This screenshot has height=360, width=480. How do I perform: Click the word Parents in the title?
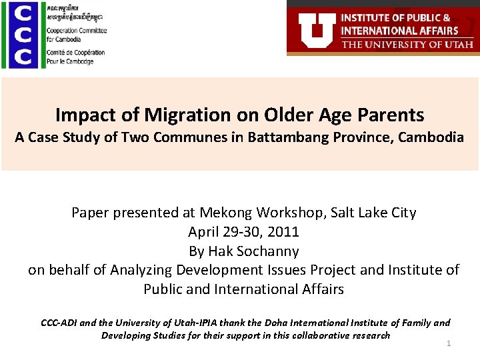(393, 115)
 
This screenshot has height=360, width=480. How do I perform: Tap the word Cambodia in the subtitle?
(434, 138)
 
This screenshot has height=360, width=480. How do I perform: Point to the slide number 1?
(449, 343)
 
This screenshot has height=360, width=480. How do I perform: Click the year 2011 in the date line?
(283, 232)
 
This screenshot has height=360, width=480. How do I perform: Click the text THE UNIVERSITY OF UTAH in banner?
(407, 45)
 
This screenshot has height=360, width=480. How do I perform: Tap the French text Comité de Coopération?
(75, 53)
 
